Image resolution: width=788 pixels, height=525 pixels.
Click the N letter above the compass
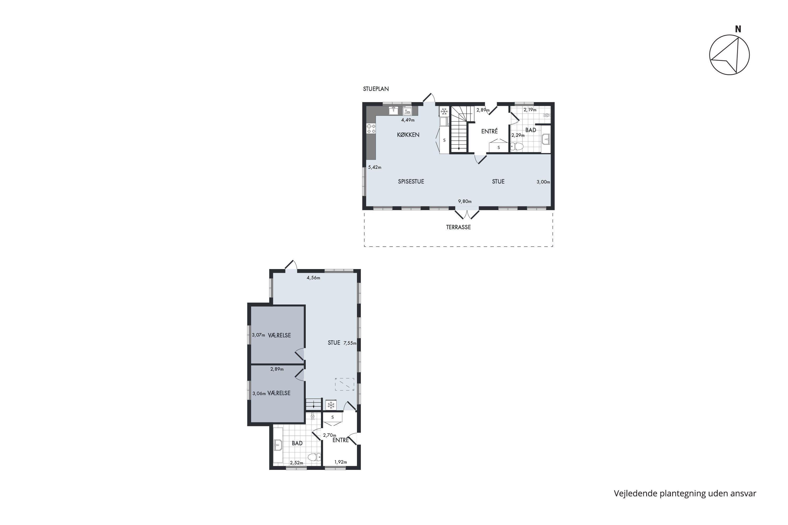738,29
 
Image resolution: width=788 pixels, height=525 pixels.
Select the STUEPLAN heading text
376,89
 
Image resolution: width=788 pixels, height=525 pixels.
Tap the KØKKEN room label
408,135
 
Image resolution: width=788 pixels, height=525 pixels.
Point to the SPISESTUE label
411,181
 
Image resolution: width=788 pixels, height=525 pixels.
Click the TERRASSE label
458,227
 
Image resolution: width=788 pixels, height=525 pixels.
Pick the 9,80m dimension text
465,202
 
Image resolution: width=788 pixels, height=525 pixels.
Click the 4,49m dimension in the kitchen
408,120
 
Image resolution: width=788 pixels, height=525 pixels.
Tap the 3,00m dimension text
543,182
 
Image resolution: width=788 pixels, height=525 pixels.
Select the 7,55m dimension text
350,343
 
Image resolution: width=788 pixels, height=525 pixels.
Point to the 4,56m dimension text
313,277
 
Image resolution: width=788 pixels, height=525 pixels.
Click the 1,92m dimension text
341,462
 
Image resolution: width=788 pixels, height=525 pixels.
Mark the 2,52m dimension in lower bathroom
297,463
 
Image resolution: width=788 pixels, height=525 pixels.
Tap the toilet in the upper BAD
517,146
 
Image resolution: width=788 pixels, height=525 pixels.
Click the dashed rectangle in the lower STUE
344,384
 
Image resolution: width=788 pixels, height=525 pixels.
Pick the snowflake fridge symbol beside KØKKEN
444,111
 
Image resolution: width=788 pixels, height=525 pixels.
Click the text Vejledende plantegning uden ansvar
685,493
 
